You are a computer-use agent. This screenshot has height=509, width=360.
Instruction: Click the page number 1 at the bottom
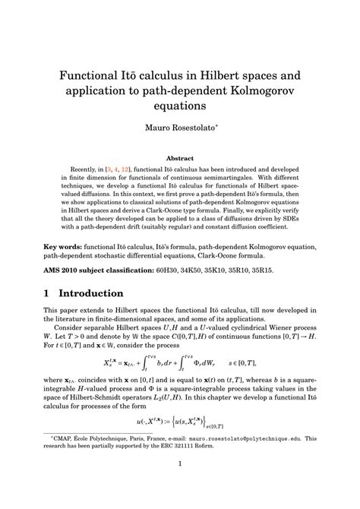(180, 485)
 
